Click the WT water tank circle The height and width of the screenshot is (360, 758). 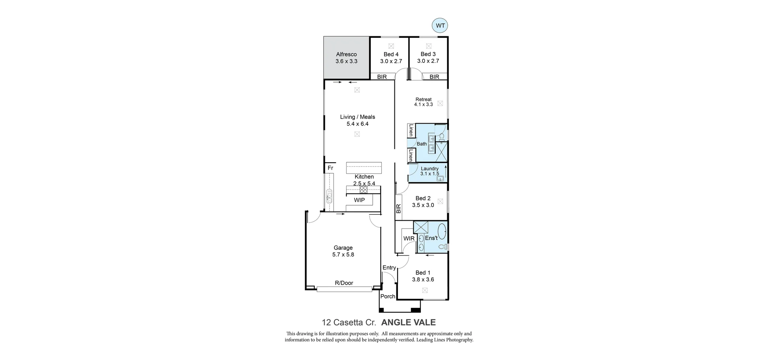(x=440, y=26)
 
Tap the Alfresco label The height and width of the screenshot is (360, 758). (x=346, y=54)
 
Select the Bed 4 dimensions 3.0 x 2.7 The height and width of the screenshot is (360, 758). (x=391, y=61)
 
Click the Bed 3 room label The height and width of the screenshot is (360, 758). (x=428, y=54)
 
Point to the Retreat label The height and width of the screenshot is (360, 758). (x=423, y=99)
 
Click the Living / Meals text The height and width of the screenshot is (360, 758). (x=357, y=117)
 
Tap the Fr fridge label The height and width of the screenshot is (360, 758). (x=330, y=168)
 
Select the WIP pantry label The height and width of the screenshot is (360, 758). (x=359, y=200)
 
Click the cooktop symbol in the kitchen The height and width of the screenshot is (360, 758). (x=363, y=189)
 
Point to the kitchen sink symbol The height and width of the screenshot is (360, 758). (x=329, y=196)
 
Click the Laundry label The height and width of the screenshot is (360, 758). (x=430, y=169)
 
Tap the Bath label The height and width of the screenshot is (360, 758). (x=422, y=144)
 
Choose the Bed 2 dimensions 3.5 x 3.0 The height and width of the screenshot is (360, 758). (x=423, y=205)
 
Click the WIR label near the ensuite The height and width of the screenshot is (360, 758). (x=409, y=238)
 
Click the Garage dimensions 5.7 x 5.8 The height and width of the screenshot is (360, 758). (x=343, y=255)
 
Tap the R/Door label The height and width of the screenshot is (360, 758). (x=344, y=283)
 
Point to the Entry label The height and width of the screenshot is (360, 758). (x=389, y=268)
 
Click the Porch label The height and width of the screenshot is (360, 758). (x=388, y=296)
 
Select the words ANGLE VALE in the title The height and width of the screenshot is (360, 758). (x=408, y=322)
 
